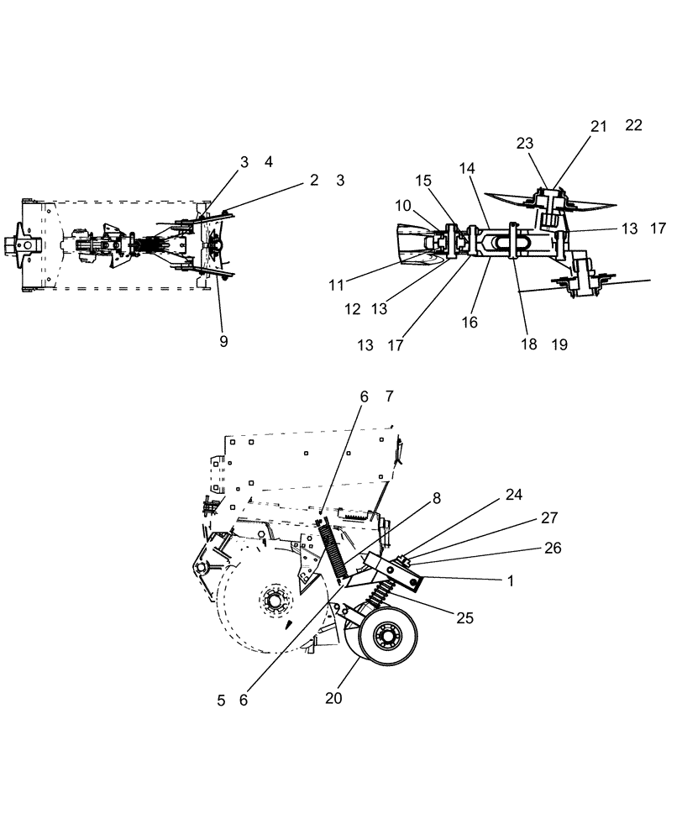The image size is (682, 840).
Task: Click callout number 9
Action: pyautogui.click(x=223, y=341)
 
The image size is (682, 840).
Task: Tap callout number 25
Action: pyautogui.click(x=464, y=617)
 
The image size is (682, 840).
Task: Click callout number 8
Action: pyautogui.click(x=437, y=497)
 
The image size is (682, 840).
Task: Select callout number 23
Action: pyautogui.click(x=526, y=144)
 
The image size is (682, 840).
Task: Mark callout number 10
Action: pyautogui.click(x=403, y=206)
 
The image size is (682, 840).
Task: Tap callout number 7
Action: pyautogui.click(x=388, y=396)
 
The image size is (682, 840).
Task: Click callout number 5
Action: pyautogui.click(x=222, y=700)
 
